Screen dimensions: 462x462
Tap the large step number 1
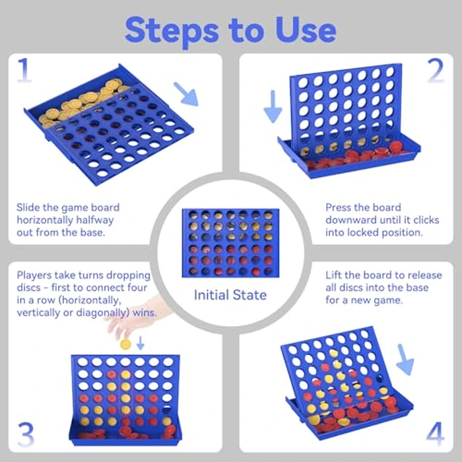[24, 71]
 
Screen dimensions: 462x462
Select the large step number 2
[436, 71]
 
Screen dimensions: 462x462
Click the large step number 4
[435, 434]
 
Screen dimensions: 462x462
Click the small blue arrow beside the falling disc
[140, 343]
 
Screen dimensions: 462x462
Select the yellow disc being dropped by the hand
[125, 344]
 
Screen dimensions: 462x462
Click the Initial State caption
[230, 294]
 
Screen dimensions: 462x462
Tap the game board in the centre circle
[230, 242]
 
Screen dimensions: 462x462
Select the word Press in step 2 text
[341, 208]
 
